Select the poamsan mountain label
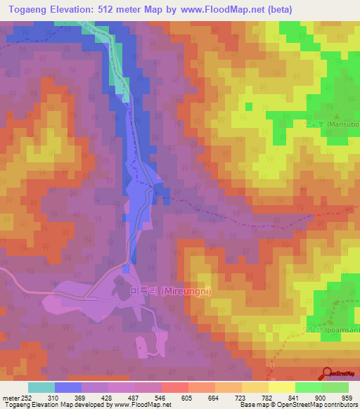(340, 330)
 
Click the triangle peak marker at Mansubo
(337, 116)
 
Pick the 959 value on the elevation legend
(347, 397)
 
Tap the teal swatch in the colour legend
(41, 387)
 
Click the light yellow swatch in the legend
(281, 387)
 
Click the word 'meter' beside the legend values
(11, 397)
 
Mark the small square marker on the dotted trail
(273, 366)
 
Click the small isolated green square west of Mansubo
(247, 106)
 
